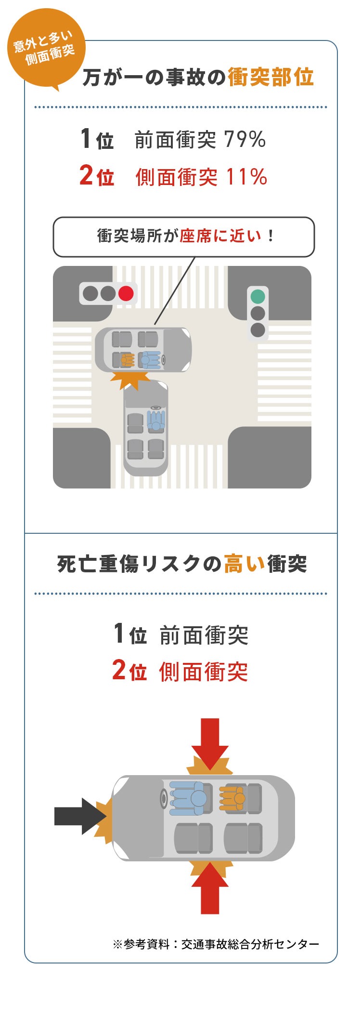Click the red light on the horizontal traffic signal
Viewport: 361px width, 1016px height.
(126, 293)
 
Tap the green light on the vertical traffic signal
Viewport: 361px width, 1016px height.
(258, 296)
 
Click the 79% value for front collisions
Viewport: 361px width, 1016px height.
(245, 140)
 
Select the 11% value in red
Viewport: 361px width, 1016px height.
(246, 177)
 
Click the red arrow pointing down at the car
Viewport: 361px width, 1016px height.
(210, 742)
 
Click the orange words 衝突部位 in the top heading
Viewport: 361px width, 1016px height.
(271, 77)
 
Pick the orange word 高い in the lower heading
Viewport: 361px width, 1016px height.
(245, 564)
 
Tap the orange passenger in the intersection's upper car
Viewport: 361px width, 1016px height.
(127, 359)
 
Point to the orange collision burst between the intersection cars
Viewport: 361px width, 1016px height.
(130, 379)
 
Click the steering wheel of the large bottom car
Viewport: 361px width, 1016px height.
(165, 798)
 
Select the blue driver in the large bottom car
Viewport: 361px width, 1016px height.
(191, 798)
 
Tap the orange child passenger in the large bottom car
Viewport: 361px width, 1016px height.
(233, 798)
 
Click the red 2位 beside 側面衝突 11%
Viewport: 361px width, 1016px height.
(97, 176)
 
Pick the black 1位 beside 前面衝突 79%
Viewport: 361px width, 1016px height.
(97, 139)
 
